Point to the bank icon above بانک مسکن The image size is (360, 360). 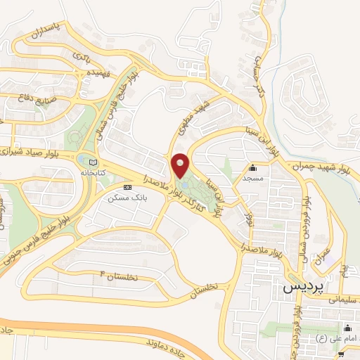127,188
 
